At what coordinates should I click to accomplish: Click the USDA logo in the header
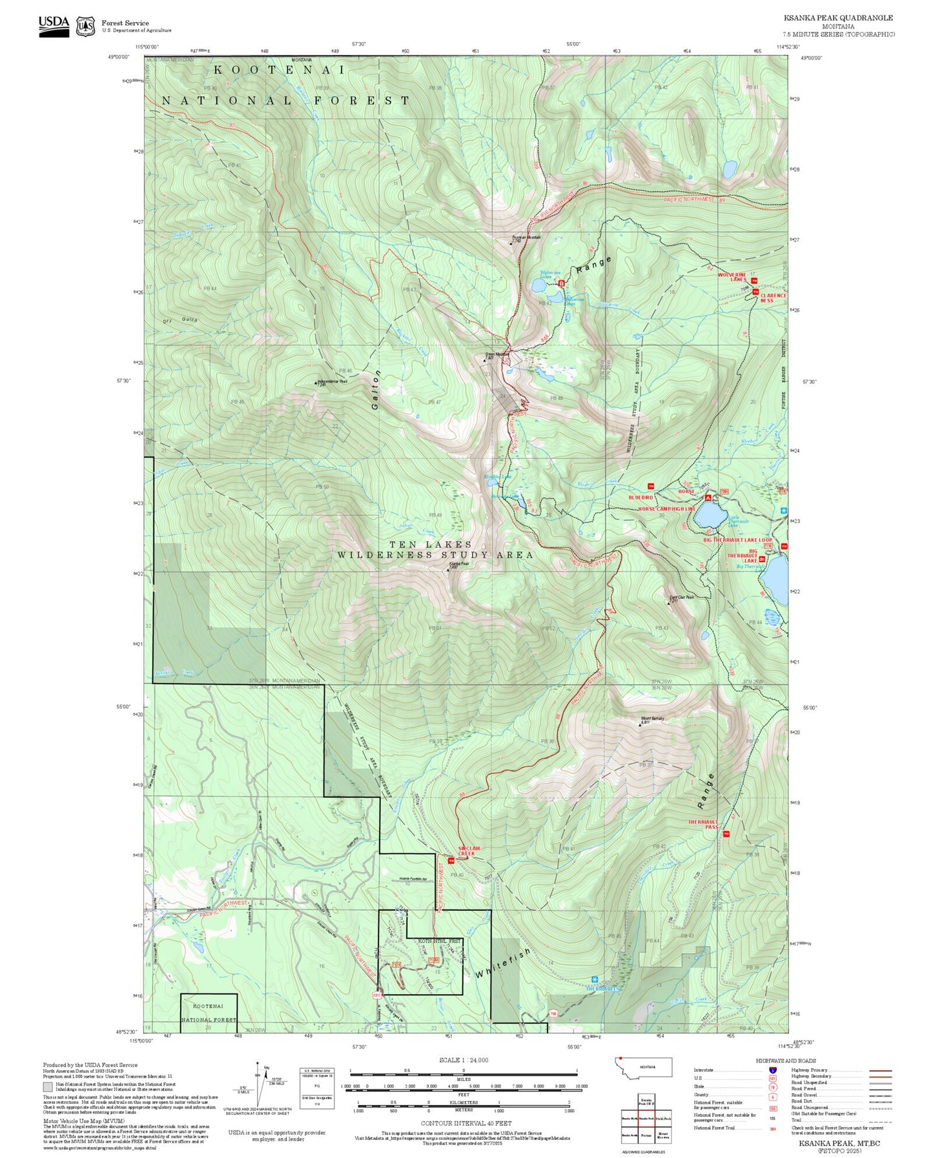coord(54,26)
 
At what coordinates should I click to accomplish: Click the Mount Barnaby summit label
coord(652,718)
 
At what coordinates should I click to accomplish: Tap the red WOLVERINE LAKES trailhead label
coord(732,277)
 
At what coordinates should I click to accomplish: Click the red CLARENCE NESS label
coord(773,298)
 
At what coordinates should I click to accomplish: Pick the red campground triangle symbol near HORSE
coord(708,498)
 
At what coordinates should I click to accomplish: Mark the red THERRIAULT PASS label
coord(703,824)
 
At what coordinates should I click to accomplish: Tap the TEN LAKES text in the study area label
coord(431,545)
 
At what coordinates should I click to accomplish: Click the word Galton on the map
coord(375,390)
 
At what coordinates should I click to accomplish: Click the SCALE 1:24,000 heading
coord(464,1060)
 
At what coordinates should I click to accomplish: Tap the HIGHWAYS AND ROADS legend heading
coord(786,1061)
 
